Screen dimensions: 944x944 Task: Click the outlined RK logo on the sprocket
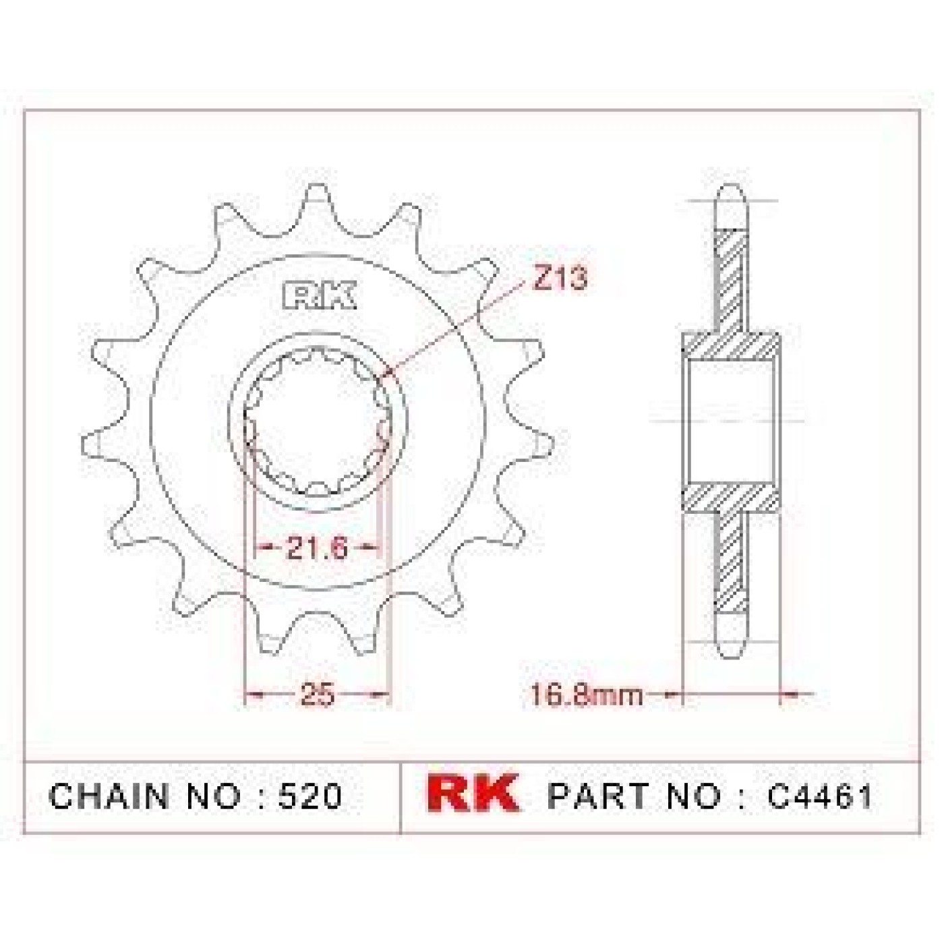point(319,296)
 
